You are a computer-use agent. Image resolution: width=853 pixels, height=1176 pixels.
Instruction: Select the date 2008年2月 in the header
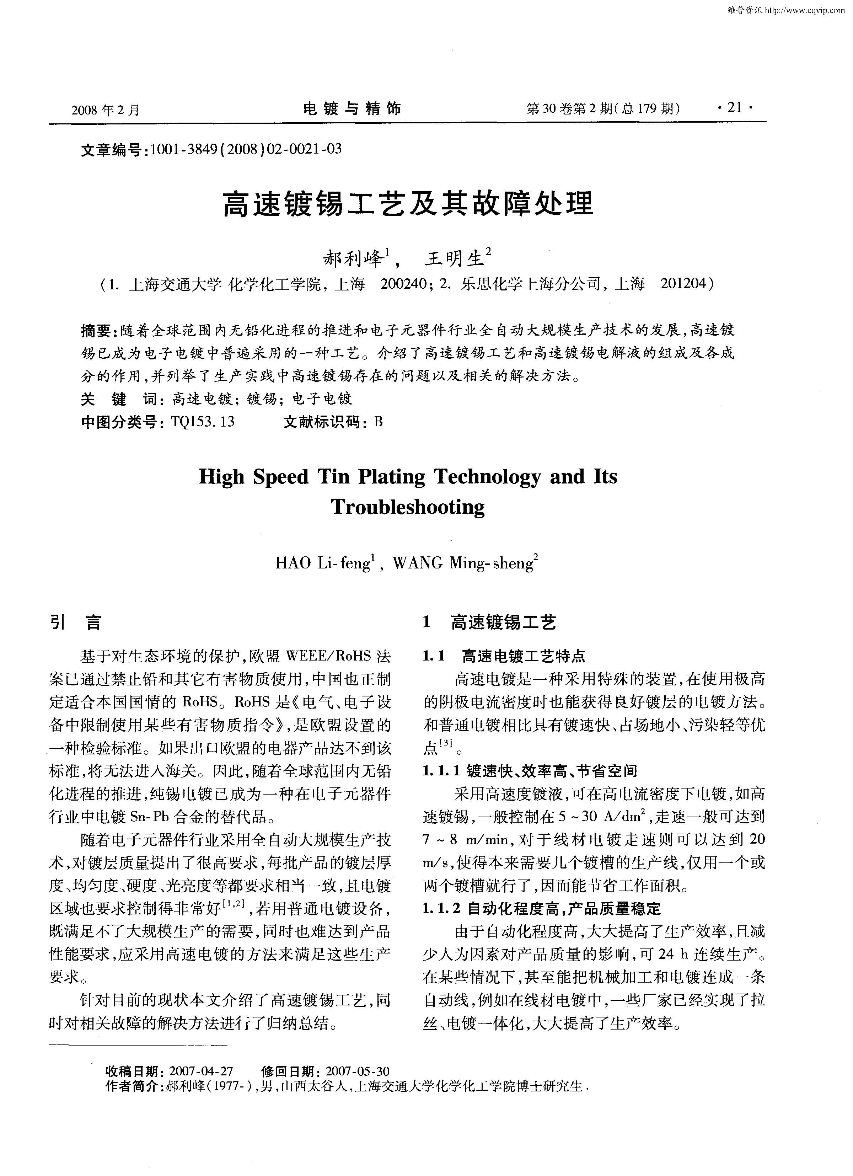[106, 109]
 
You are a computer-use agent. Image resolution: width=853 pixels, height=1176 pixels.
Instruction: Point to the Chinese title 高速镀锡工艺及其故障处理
[408, 203]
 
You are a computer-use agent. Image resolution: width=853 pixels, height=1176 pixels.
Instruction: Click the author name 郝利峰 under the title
[354, 258]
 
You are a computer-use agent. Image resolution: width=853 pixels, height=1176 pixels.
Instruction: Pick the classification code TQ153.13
[202, 422]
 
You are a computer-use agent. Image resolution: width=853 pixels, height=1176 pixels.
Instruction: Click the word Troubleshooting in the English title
[408, 507]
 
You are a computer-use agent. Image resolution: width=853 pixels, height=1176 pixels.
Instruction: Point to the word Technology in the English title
[487, 476]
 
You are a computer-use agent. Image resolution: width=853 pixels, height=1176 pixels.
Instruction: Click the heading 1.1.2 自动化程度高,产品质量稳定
[542, 908]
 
